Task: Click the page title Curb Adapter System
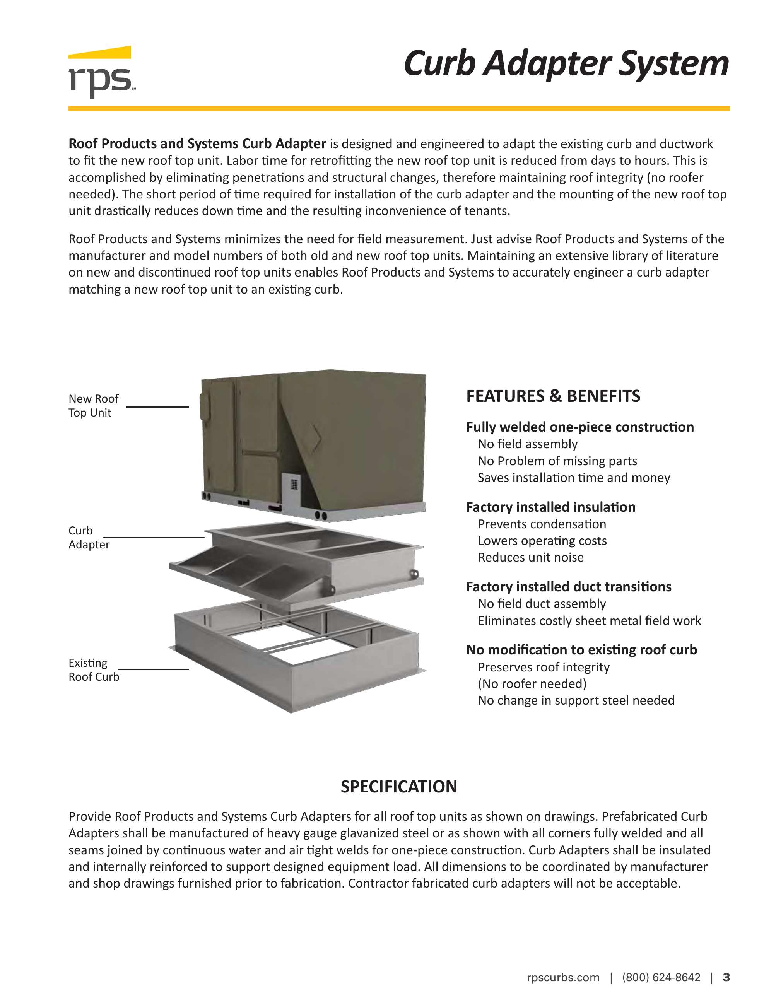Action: point(566,63)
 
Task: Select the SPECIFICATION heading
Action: point(398,786)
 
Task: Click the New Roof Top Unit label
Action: point(93,405)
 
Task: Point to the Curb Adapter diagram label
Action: point(89,538)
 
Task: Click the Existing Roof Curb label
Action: point(93,669)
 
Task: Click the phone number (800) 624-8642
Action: point(661,977)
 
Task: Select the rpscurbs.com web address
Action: point(563,977)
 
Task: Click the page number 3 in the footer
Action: point(726,977)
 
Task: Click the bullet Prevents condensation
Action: point(542,524)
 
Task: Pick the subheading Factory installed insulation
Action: point(550,507)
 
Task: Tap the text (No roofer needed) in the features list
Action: point(532,684)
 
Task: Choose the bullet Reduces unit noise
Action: point(530,557)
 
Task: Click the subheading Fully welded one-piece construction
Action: point(580,427)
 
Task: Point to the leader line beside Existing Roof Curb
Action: point(153,669)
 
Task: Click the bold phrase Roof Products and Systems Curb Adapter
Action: point(197,144)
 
